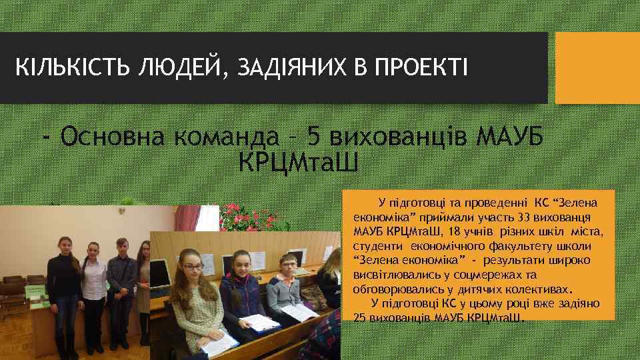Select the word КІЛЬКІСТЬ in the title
pos(73,67)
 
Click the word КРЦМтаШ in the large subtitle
pos(298,161)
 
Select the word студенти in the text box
pos(374,246)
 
